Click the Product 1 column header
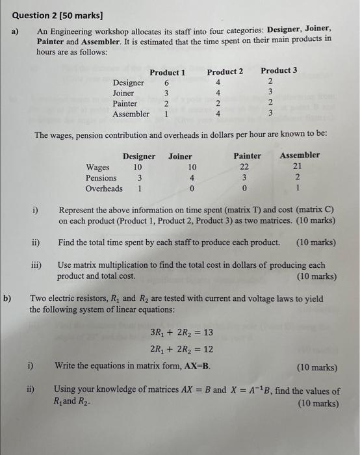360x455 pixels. (x=167, y=72)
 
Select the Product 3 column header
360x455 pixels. (x=279, y=70)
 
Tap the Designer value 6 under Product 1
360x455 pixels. (x=167, y=83)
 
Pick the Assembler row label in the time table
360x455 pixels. (x=131, y=114)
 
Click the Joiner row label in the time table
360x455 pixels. (x=123, y=94)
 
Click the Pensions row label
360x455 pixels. (x=101, y=177)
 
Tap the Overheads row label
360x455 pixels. (x=104, y=188)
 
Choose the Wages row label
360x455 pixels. (x=97, y=167)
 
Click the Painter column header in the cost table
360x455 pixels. (x=247, y=156)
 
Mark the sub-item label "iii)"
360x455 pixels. (x=38, y=266)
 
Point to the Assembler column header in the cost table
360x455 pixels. (x=300, y=155)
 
